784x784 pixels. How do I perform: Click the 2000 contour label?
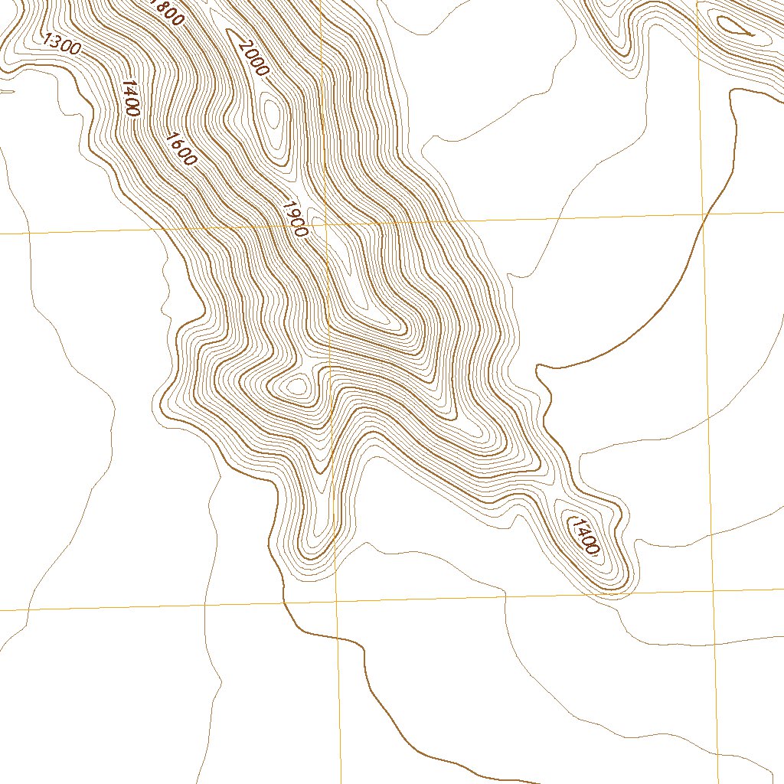[x=253, y=58]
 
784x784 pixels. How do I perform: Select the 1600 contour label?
[x=181, y=149]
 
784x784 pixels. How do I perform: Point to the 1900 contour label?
[x=295, y=219]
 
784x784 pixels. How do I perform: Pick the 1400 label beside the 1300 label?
[x=129, y=98]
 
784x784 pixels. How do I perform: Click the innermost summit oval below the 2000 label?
[x=272, y=113]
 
